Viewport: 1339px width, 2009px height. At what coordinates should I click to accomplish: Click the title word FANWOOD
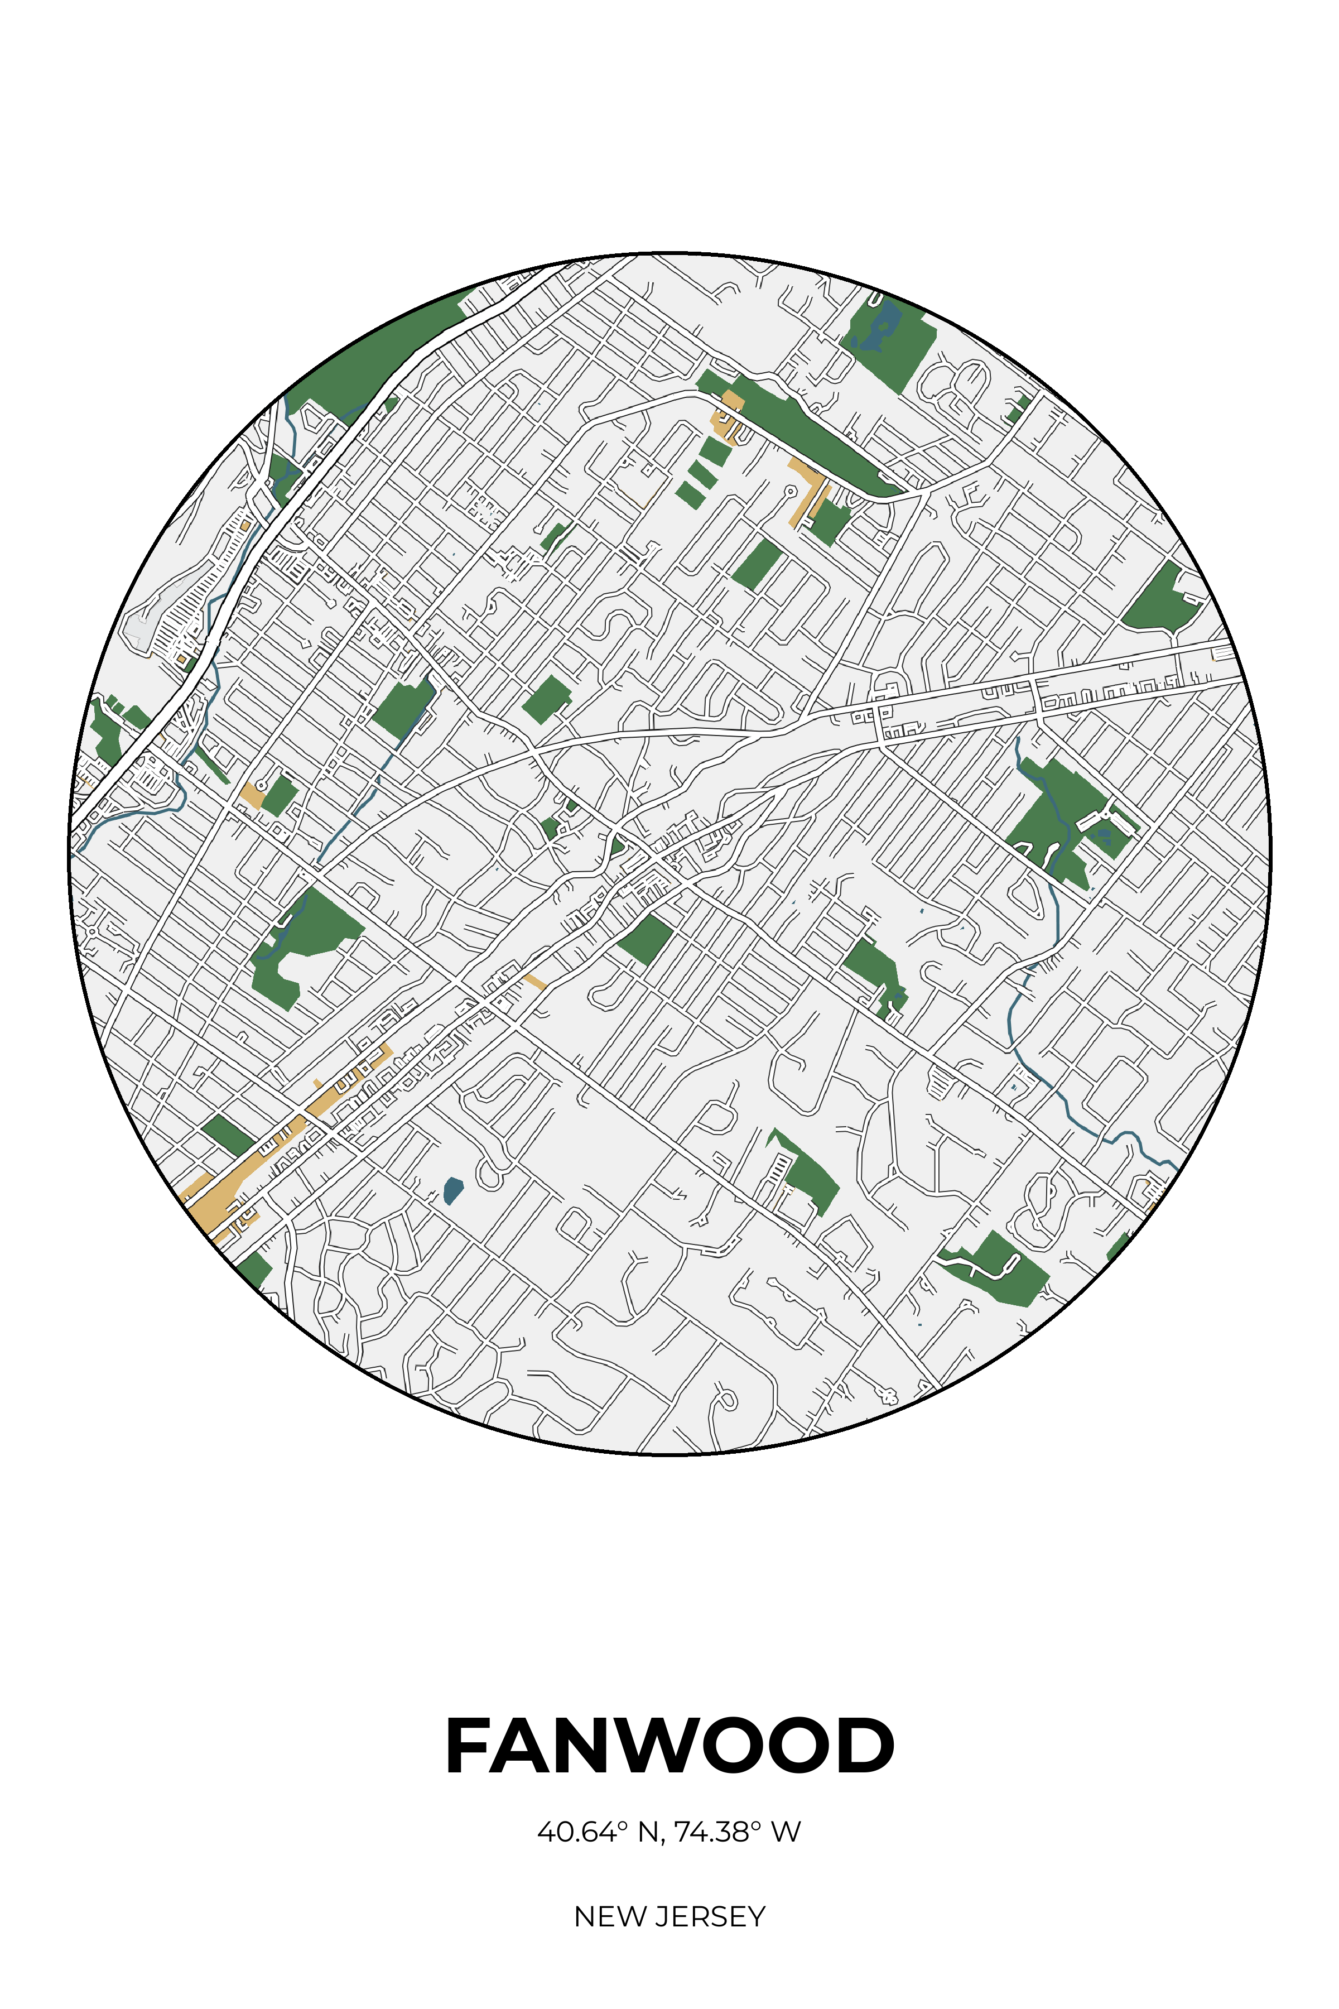pyautogui.click(x=669, y=1746)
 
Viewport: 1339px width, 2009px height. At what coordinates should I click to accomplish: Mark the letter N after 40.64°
pyautogui.click(x=648, y=1832)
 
